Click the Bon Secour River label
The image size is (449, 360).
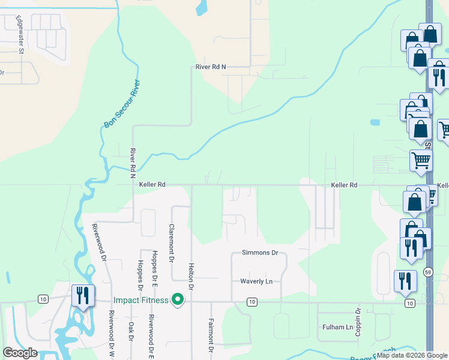coord(122,103)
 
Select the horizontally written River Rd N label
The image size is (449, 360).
coord(211,67)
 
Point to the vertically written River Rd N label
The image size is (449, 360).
coord(133,164)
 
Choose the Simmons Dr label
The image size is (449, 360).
coord(260,253)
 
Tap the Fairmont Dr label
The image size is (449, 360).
coord(211,335)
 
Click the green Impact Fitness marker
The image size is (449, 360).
coord(178,299)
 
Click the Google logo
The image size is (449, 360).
coord(20,353)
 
